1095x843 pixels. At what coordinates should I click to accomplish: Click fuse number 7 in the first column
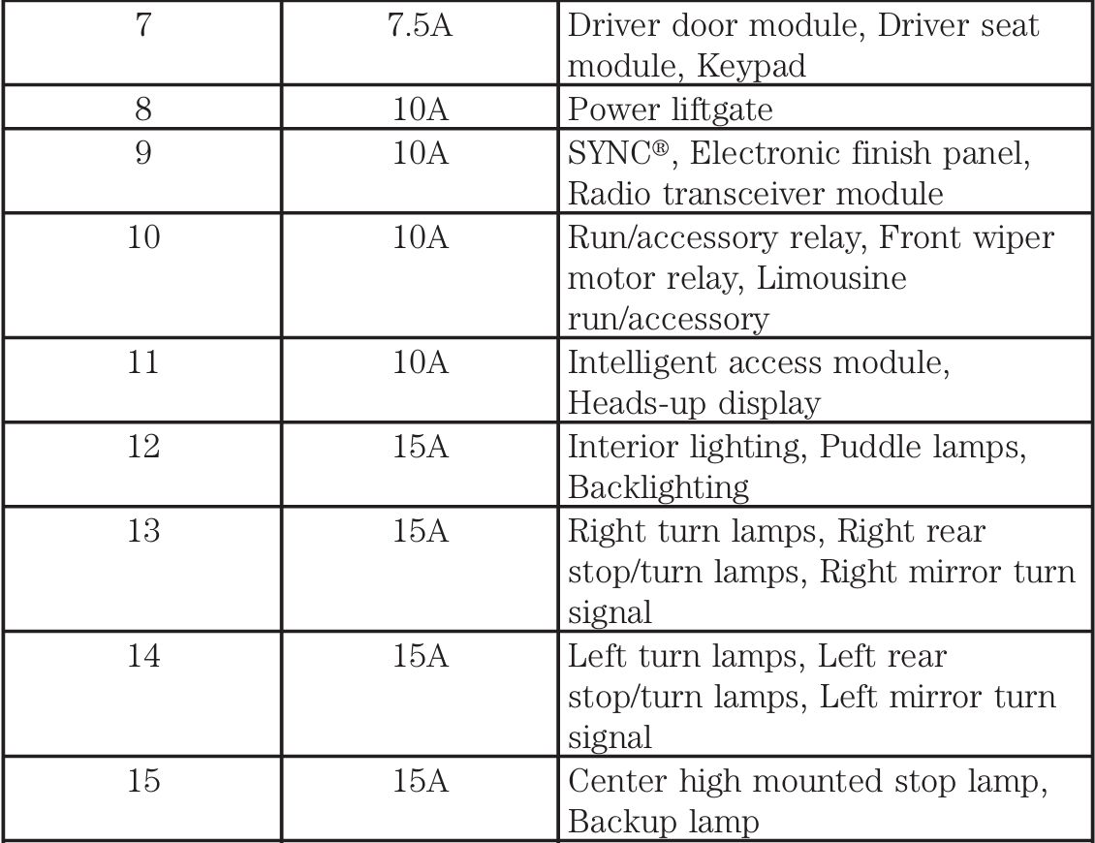coord(143,25)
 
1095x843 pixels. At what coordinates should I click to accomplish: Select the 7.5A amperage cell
coord(421,25)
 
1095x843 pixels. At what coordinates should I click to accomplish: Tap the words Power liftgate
coord(670,109)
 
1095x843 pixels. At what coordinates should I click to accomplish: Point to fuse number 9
coord(143,153)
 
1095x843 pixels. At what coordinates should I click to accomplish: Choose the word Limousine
coord(831,279)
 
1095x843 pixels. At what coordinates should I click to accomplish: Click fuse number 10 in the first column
coord(143,237)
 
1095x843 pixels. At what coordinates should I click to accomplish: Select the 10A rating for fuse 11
coord(421,363)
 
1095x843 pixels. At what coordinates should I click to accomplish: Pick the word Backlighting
coord(658,487)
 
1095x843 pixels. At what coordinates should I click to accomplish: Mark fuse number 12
coord(143,447)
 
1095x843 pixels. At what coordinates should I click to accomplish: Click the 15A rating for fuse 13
coord(421,531)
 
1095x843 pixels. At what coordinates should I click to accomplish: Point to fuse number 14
coord(143,656)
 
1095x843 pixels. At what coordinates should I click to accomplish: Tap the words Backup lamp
coord(662,823)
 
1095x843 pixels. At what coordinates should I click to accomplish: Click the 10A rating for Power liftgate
coord(421,109)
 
